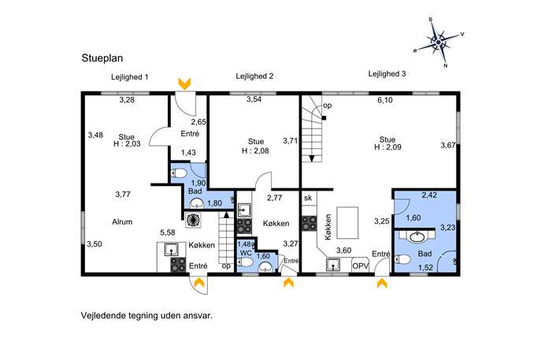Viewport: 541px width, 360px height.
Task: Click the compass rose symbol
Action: (x=439, y=43)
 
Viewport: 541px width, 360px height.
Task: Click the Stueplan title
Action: (x=102, y=58)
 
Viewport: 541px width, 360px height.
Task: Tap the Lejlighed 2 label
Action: (x=254, y=76)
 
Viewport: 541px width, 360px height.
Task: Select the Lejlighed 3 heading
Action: (x=387, y=74)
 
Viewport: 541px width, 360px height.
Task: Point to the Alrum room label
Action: (x=122, y=221)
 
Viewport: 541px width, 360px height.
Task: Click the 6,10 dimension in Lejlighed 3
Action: (x=385, y=100)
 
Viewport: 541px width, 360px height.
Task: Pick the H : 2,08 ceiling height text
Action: (x=255, y=150)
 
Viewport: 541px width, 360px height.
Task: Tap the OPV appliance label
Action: (x=360, y=266)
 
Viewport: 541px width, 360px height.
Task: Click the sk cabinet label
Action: (x=308, y=198)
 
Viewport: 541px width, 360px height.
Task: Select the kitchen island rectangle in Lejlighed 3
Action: (x=347, y=223)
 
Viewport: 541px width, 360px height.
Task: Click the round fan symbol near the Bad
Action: (x=193, y=220)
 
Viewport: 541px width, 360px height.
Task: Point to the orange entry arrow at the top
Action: (x=184, y=84)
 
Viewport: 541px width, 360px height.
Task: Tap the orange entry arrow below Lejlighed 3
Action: (x=382, y=284)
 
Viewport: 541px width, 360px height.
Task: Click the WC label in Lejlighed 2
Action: (x=246, y=253)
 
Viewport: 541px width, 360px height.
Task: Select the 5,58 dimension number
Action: (x=168, y=232)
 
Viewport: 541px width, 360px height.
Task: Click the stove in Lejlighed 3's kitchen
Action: (x=309, y=223)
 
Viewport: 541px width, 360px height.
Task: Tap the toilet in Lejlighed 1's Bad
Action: (x=179, y=173)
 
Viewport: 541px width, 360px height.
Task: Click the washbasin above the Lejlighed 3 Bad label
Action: (x=417, y=237)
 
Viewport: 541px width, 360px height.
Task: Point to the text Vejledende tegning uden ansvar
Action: (x=146, y=315)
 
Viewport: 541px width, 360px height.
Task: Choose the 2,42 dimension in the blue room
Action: (x=429, y=195)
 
